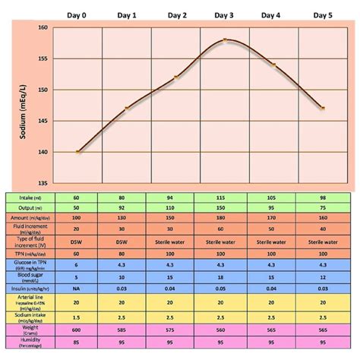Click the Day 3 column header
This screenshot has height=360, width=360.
[224, 15]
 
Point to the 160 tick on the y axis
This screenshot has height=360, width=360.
[43, 27]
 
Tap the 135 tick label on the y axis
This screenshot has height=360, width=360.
[43, 183]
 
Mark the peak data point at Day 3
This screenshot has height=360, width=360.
[225, 39]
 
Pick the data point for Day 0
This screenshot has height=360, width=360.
[77, 152]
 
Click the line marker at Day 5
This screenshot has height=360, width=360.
[322, 108]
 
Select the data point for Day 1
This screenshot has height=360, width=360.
[127, 108]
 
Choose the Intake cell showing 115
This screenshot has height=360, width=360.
[225, 197]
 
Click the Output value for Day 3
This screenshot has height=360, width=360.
[225, 207]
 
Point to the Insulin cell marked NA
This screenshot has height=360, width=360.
[77, 289]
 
